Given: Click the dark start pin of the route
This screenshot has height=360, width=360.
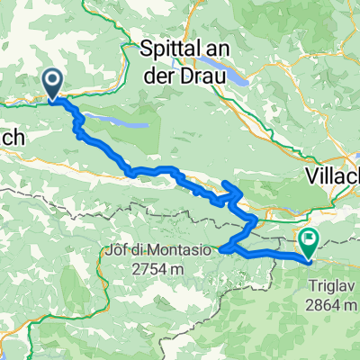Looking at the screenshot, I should (x=52, y=84).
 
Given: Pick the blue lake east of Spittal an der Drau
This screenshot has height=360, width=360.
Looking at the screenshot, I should (x=243, y=78).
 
